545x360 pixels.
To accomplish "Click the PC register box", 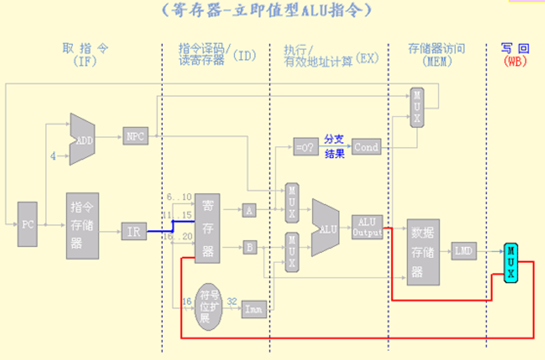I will [x=28, y=225].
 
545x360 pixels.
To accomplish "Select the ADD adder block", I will [x=82, y=139].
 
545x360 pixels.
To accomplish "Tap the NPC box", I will [x=135, y=136].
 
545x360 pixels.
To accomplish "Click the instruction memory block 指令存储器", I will [x=82, y=225].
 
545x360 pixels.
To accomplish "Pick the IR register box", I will [x=133, y=231].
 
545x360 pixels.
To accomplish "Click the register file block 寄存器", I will [x=207, y=228].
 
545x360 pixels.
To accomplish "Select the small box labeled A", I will [x=249, y=211].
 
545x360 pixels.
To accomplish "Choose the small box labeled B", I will [x=249, y=247].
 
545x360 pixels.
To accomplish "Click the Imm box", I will [x=253, y=309].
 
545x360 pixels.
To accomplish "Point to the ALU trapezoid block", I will [x=327, y=228].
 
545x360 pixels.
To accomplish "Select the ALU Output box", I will [x=367, y=227].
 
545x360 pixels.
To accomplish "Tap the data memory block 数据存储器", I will [x=423, y=251].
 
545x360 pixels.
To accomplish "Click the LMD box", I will [x=464, y=251].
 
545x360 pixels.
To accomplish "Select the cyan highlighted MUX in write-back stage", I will [x=510, y=263].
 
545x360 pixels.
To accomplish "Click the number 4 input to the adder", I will [x=53, y=156].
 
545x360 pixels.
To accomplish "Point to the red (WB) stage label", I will [x=515, y=61].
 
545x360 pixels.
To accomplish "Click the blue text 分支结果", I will [x=334, y=147].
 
